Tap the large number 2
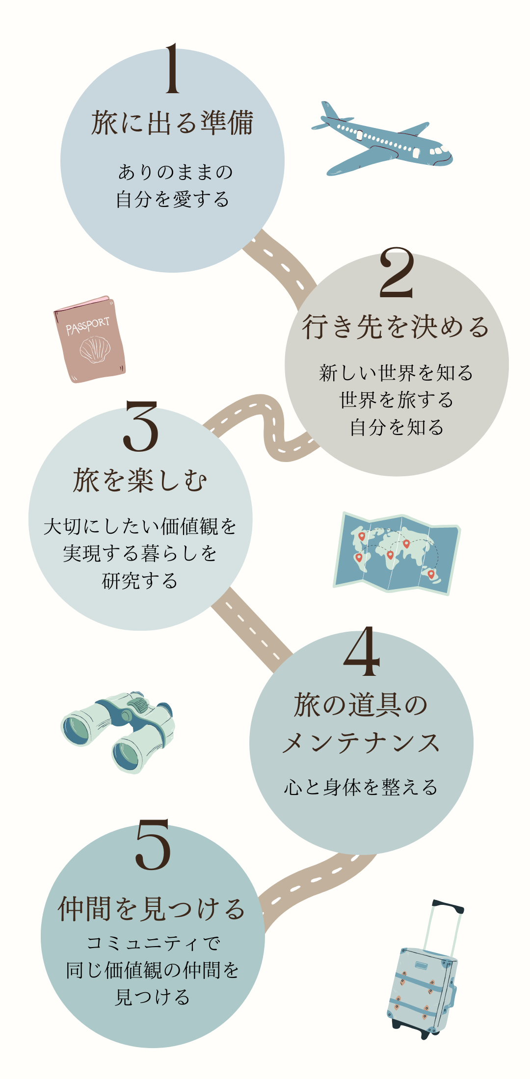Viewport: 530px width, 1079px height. click(397, 273)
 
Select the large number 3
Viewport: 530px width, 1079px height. click(141, 426)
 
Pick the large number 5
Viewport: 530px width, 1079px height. click(153, 845)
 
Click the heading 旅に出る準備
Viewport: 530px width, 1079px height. click(172, 123)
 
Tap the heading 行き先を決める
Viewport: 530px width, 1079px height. click(396, 327)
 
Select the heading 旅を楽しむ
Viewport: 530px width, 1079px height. click(140, 480)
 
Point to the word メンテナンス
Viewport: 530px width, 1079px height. click(361, 743)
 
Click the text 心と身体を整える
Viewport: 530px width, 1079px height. click(361, 787)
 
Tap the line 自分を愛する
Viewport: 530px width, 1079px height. click(173, 200)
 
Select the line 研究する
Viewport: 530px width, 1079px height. click(140, 581)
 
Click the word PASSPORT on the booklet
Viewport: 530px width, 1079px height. click(88, 325)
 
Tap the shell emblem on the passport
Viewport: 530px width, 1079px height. click(95, 350)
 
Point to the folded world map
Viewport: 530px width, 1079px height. click(396, 553)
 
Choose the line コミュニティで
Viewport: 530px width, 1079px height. click(153, 943)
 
